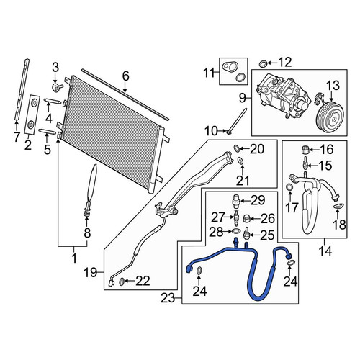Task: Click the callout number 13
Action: pos(333,86)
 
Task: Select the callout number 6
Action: pos(125,76)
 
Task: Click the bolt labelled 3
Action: pos(58,86)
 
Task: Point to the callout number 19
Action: pos(90,273)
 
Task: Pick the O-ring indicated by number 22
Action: pos(122,282)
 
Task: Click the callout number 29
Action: pos(258,200)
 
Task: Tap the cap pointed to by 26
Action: pos(247,218)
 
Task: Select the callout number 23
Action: pos(168,298)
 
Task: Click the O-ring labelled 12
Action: pos(263,64)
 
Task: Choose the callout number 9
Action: pos(243,98)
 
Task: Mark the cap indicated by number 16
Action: pos(305,150)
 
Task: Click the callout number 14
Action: pos(325,251)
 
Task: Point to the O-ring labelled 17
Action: pos(290,187)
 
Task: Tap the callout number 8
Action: pos(87,233)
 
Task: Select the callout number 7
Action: pos(17,138)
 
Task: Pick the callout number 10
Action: pos(211,131)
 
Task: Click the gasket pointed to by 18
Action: pos(338,205)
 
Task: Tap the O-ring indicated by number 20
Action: pos(236,148)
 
